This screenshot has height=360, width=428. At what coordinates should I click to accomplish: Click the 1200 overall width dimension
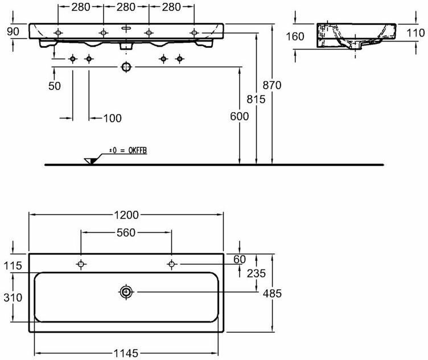[125, 215]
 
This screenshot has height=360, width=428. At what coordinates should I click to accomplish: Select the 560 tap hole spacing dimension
[126, 232]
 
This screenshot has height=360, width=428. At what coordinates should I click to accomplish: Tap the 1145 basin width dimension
[126, 354]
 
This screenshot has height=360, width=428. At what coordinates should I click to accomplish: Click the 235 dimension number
[257, 273]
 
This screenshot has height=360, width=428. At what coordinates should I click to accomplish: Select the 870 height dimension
[272, 85]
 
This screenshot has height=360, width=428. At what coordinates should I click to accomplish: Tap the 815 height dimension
[257, 99]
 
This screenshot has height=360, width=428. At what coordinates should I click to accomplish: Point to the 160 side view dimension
[295, 37]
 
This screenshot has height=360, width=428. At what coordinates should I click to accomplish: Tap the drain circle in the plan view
[126, 292]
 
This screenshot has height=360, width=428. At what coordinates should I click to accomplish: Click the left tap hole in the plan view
[81, 264]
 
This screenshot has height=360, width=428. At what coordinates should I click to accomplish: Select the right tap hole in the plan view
[171, 264]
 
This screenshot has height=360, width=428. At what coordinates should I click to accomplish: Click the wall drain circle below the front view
[126, 67]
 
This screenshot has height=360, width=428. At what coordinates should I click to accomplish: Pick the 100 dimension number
[113, 118]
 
